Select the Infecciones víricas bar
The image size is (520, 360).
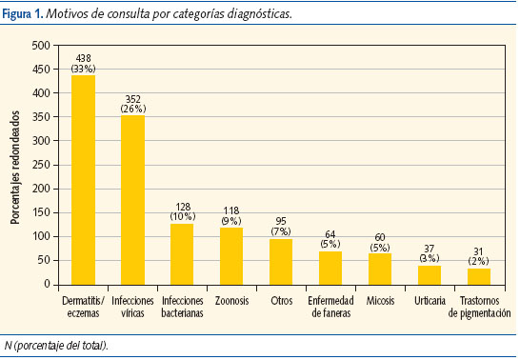click(x=132, y=199)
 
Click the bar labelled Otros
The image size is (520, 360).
click(x=281, y=261)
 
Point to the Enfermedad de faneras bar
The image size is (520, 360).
click(x=330, y=268)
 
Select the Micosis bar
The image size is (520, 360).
click(x=380, y=269)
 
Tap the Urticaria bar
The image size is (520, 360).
click(x=430, y=274)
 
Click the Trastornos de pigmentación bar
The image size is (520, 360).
click(x=479, y=276)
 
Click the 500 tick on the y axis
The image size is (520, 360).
click(x=41, y=46)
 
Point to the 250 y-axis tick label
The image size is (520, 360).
click(x=41, y=165)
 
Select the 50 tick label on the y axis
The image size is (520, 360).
click(x=44, y=260)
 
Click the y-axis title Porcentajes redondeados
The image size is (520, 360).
click(x=15, y=165)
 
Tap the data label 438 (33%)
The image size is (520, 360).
click(x=83, y=64)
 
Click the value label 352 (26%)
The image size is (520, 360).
click(x=132, y=104)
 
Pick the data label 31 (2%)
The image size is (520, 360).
click(x=479, y=257)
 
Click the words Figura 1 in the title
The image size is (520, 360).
click(x=25, y=15)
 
